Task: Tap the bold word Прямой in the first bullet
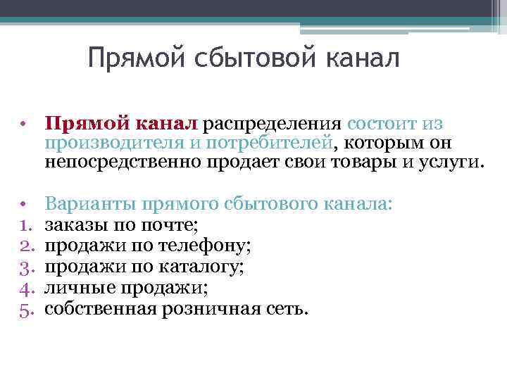pos(80,124)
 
